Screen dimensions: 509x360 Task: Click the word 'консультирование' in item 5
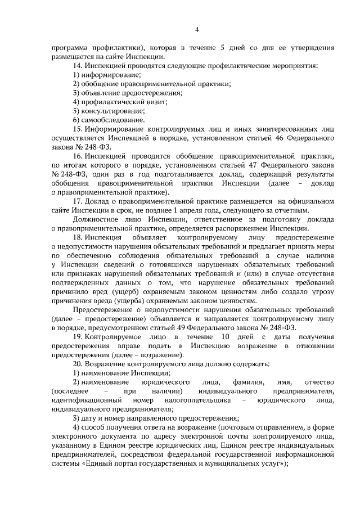[112, 110]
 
